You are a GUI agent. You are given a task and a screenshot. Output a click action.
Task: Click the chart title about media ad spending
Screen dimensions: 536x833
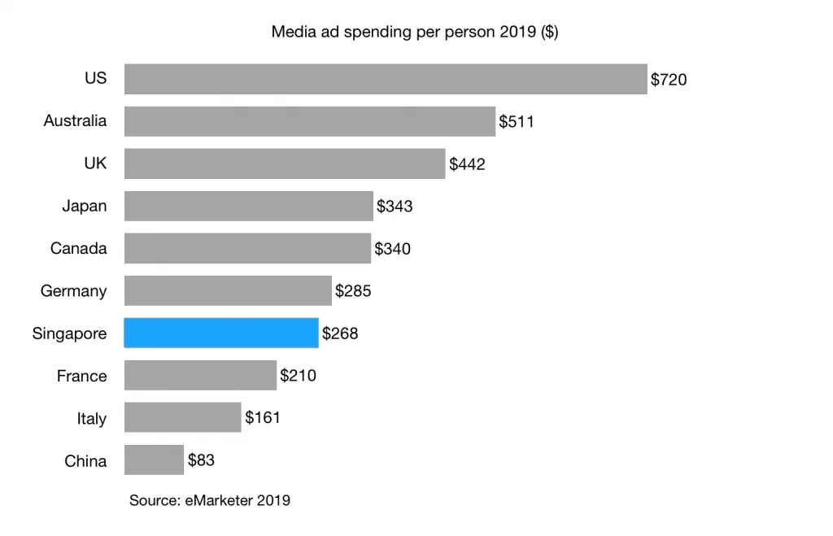tap(414, 33)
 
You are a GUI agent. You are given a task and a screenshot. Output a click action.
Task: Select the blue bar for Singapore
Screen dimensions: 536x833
tap(220, 333)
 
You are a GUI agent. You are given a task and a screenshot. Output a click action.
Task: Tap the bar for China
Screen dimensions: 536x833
tap(154, 460)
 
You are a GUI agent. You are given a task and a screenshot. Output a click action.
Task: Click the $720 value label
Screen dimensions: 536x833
tap(669, 80)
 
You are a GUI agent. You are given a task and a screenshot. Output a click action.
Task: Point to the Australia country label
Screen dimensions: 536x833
tap(75, 121)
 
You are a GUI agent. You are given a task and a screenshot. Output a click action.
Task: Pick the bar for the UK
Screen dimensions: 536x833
tap(285, 163)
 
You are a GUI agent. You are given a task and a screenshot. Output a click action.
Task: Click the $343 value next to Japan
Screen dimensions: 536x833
tap(395, 207)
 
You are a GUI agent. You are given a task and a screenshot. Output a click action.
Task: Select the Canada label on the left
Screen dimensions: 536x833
tap(78, 248)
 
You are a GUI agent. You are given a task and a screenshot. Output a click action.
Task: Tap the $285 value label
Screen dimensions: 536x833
tap(353, 290)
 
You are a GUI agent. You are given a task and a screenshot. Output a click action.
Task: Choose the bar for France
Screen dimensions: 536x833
tap(200, 375)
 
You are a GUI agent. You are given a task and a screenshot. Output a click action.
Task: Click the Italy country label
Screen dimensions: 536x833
tap(91, 419)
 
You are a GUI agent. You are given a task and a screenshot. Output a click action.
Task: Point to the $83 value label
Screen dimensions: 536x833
tap(201, 460)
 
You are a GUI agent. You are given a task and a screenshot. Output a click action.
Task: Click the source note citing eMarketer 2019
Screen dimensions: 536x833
tap(209, 501)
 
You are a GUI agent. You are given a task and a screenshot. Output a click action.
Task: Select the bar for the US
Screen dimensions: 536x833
tap(386, 79)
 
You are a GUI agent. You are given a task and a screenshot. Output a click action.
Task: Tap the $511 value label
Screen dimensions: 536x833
tap(517, 122)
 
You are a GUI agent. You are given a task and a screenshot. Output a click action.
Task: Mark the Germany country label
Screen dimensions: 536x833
tap(73, 291)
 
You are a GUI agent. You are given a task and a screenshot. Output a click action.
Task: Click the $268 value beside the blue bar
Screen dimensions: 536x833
tap(340, 333)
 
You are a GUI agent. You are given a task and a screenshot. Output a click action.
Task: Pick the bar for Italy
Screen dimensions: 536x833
tap(182, 417)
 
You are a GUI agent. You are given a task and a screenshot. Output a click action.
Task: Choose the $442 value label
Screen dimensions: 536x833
tap(467, 164)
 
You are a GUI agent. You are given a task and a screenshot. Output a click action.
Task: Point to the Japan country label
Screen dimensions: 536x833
tap(84, 206)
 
